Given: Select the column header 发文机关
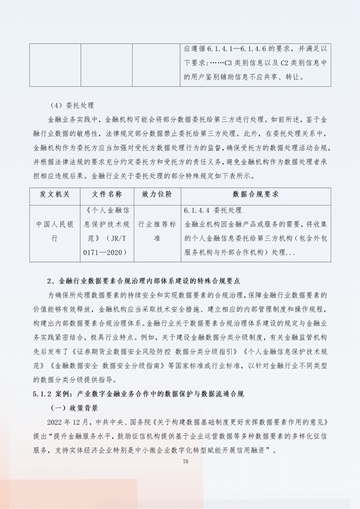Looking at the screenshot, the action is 55,195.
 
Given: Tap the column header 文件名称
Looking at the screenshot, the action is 105,195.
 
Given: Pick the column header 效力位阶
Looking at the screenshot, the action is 156,195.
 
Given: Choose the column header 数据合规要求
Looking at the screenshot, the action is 258,195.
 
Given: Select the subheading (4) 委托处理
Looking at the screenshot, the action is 72,105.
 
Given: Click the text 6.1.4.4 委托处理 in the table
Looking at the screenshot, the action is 212,210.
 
